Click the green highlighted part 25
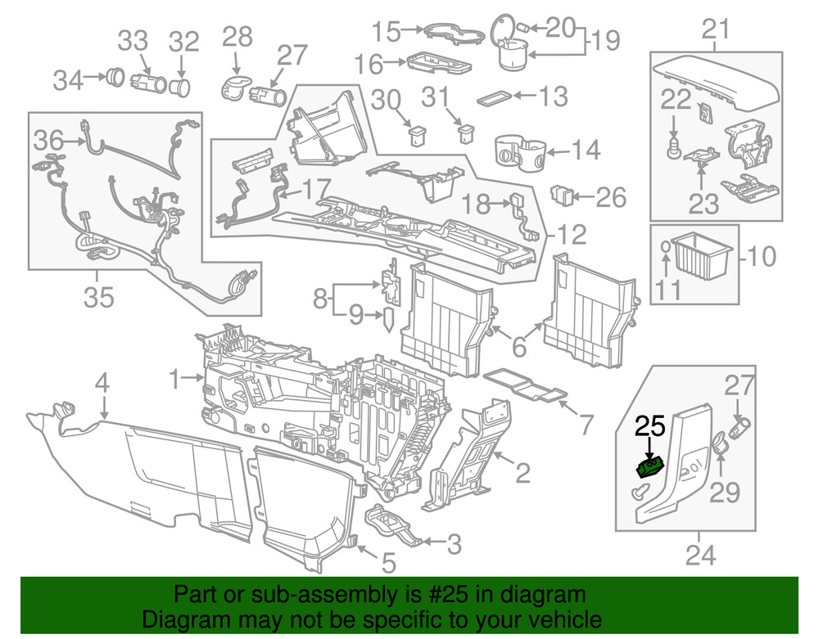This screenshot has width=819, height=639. point(651,467)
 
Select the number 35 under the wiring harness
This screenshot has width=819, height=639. point(99,298)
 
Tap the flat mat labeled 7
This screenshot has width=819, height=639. point(527,386)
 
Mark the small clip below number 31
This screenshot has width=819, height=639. point(467,133)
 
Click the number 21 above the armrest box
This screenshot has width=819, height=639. point(715,30)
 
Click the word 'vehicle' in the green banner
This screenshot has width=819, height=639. point(566,619)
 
